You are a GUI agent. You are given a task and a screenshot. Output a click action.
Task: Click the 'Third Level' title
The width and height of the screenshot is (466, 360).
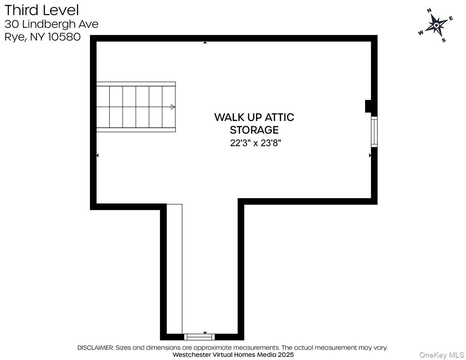42,10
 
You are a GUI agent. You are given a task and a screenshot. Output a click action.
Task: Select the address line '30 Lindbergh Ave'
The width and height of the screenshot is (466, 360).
51,24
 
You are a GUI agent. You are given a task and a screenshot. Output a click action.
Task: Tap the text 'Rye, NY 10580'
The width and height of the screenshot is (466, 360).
42,37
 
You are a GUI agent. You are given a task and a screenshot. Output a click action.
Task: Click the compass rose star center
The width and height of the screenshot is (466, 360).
436,25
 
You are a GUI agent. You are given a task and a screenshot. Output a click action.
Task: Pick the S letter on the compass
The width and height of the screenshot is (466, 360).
443,40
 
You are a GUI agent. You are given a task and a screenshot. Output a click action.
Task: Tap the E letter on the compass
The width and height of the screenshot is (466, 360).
451,18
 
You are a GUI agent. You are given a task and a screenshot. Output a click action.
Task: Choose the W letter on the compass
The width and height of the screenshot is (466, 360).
421,33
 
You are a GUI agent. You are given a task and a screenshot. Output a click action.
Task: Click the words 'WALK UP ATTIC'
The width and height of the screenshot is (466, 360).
254,117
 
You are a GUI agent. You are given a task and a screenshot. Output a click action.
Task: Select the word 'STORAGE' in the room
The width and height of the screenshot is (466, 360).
254,130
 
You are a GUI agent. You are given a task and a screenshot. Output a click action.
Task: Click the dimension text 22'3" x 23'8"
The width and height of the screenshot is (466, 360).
255,143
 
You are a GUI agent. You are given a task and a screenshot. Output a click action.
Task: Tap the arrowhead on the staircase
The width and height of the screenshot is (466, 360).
173,107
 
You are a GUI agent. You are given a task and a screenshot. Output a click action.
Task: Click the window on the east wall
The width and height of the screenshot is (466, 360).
374,132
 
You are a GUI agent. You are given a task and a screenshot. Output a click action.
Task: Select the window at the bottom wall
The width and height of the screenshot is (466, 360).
199,337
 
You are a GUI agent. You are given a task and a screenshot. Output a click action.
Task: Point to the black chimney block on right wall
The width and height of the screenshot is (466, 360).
368,106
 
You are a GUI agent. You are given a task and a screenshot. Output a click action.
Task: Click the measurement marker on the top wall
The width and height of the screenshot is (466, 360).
205,42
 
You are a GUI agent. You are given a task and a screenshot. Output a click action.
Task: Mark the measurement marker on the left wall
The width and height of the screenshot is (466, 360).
97,155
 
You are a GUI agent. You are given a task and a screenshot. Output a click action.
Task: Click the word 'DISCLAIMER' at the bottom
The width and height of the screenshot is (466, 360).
96,348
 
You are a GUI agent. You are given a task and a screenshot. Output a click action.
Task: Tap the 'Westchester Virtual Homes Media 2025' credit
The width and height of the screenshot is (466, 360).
233,355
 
